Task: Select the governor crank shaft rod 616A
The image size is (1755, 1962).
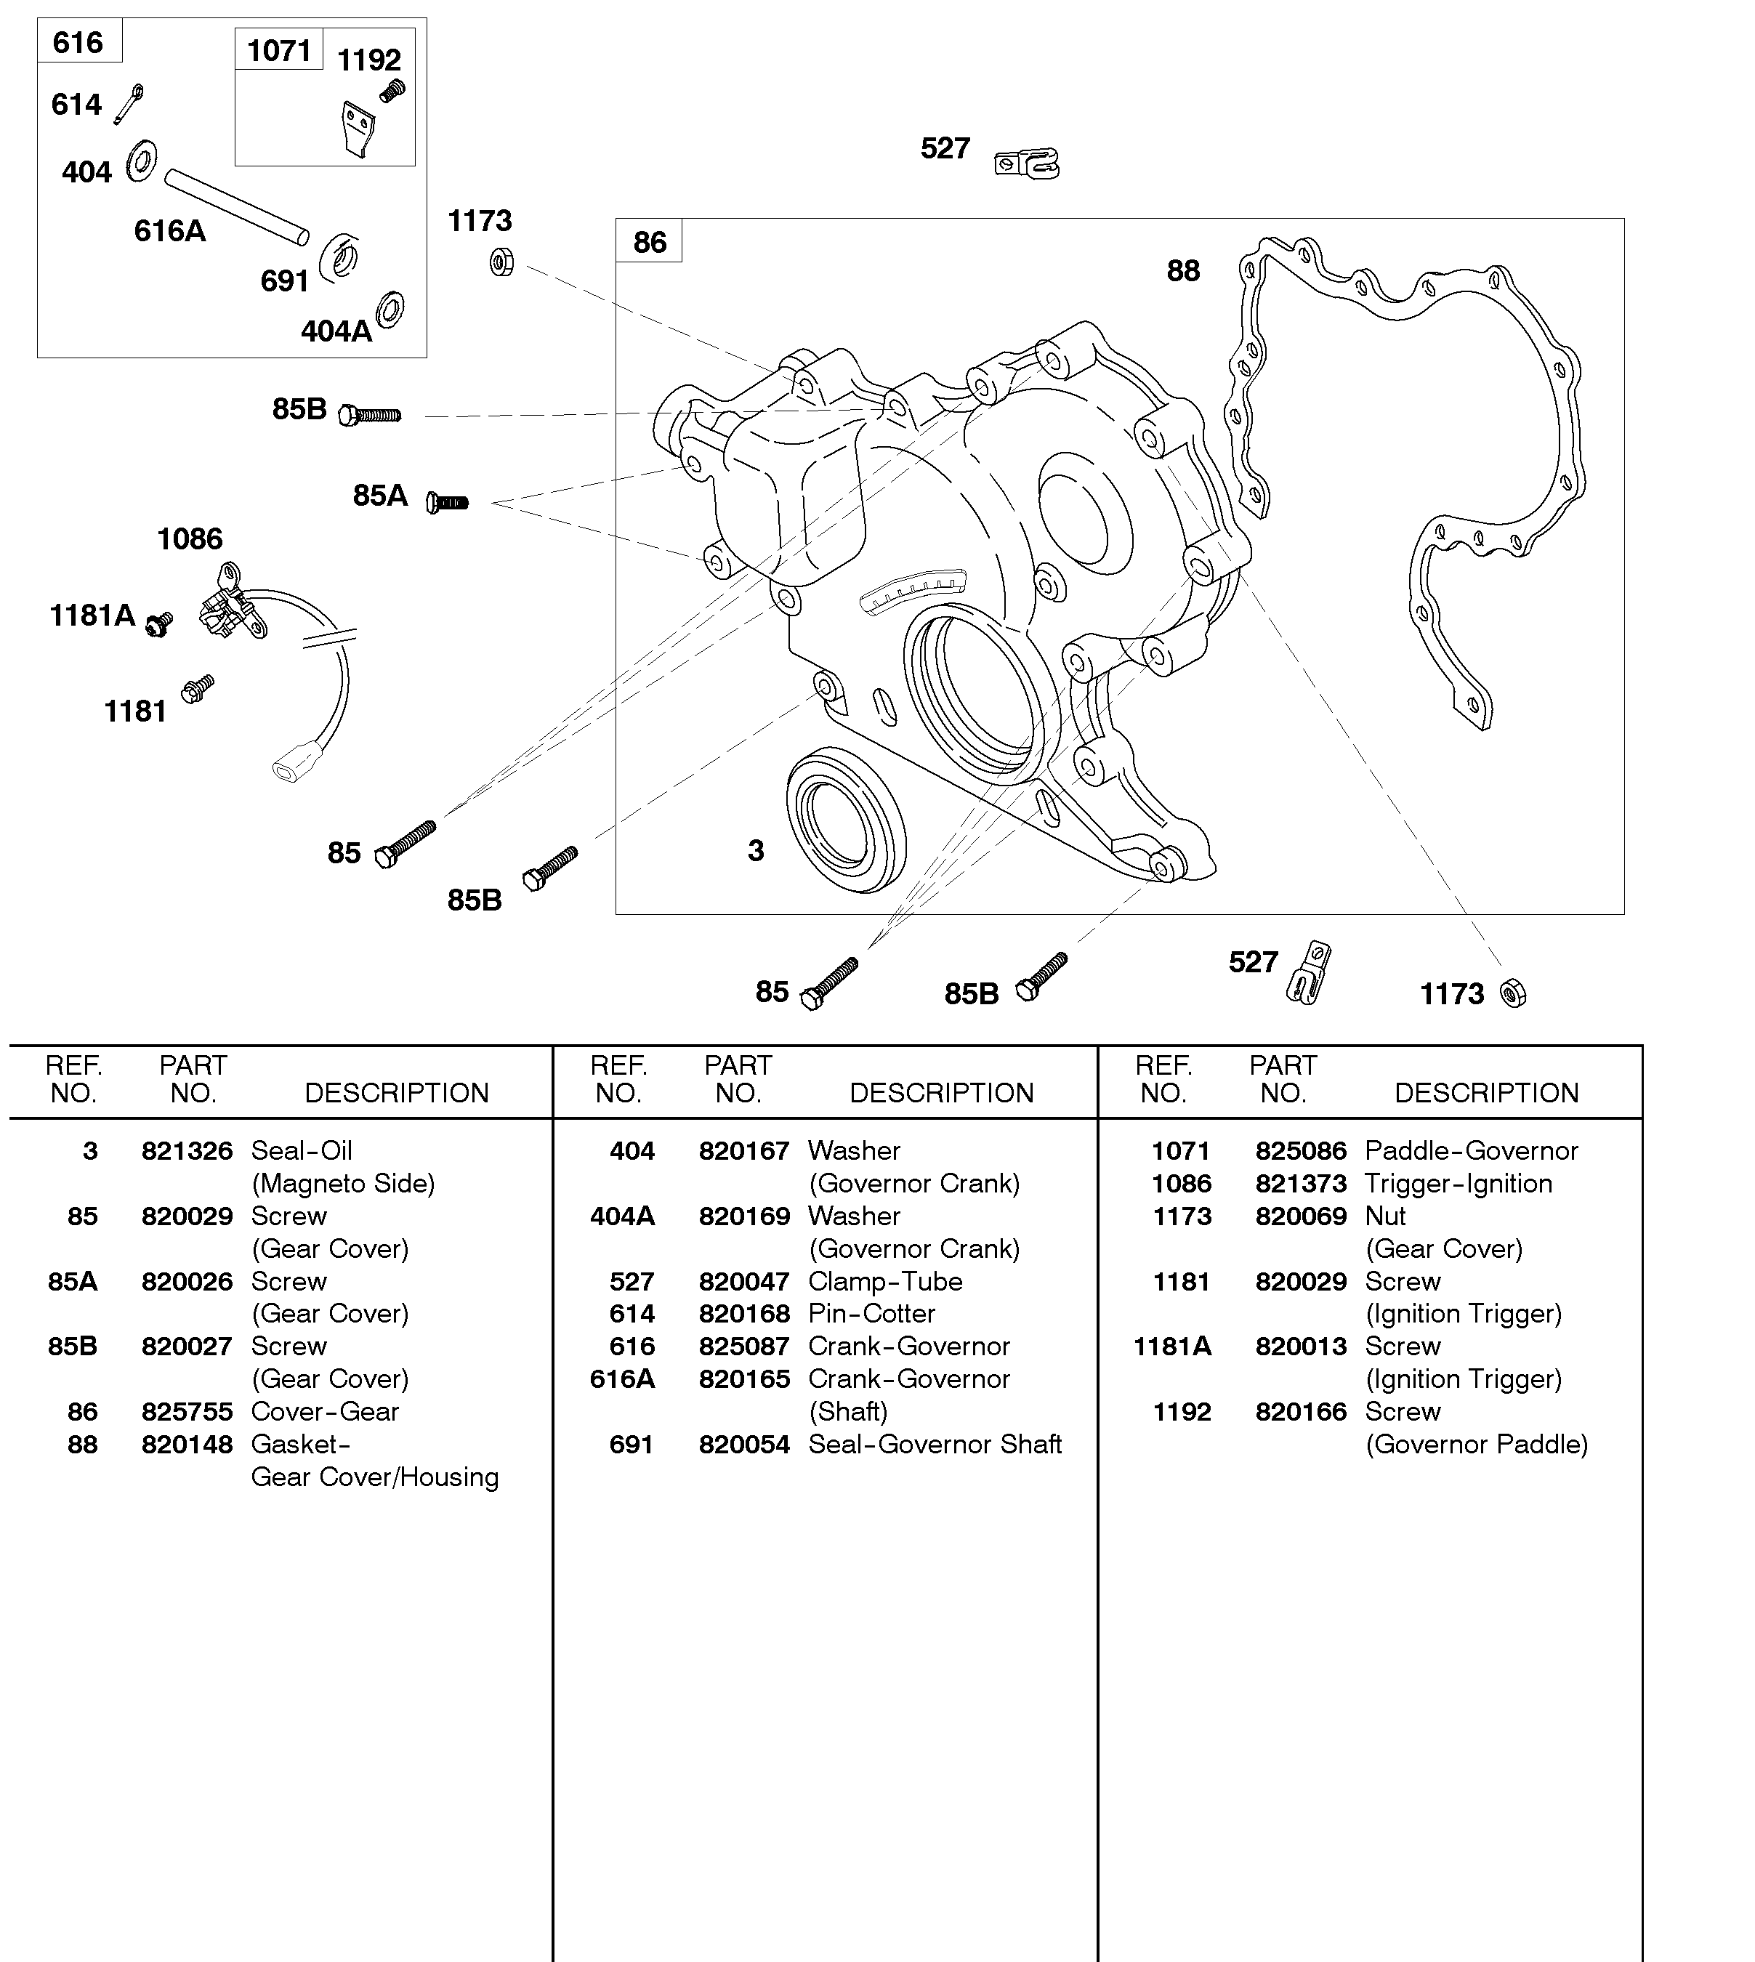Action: click(236, 206)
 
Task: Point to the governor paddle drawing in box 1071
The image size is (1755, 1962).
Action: click(358, 129)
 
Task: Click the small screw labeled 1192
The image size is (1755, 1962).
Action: click(392, 92)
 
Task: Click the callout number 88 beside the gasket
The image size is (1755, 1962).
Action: click(1183, 271)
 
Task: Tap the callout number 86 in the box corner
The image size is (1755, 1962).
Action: click(649, 242)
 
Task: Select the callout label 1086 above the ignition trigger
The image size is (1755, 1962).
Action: click(190, 539)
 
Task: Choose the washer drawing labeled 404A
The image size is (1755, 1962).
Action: click(390, 310)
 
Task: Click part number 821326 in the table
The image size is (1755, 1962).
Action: click(187, 1151)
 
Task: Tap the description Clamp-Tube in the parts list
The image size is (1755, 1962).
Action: click(885, 1281)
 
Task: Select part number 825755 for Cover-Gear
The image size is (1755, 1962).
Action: click(187, 1411)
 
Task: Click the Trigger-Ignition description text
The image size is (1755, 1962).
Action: click(1458, 1184)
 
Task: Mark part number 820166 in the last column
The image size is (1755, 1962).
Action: click(1300, 1411)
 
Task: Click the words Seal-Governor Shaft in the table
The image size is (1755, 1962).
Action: click(935, 1445)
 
